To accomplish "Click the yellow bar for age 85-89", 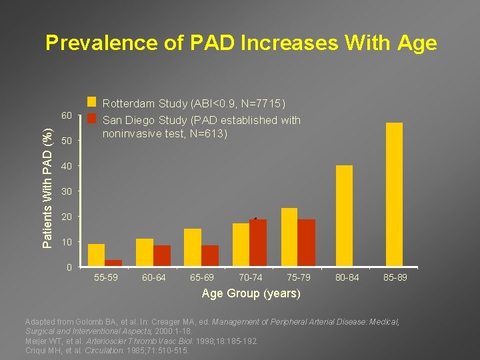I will (394, 194).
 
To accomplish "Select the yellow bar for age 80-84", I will (344, 215).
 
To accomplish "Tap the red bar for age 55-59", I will (113, 263).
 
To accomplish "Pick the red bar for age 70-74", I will (258, 242).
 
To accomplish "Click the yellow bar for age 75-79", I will (289, 237).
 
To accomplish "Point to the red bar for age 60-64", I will (162, 255).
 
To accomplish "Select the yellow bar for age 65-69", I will (193, 247).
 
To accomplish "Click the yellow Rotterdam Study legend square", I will (92, 103).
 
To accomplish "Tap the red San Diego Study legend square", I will (92, 119).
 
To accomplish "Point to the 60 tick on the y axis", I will (66, 116).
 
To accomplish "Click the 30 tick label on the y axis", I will (66, 192).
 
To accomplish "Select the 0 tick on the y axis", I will (69, 267).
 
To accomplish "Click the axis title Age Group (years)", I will (251, 293).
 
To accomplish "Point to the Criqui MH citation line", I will (107, 350).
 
